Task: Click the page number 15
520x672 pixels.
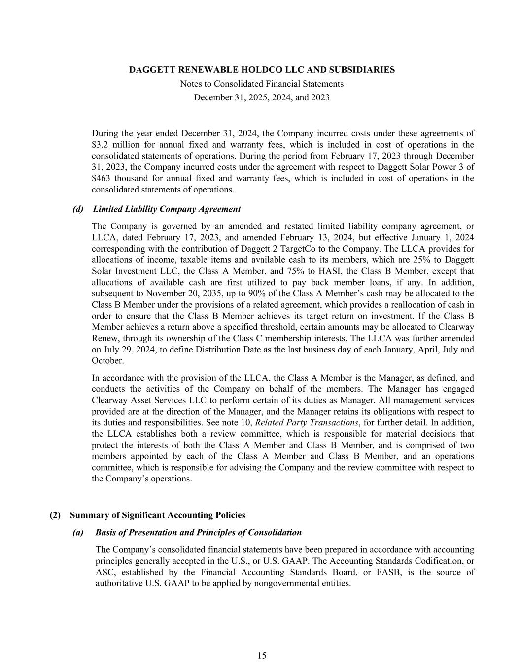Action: (x=262, y=655)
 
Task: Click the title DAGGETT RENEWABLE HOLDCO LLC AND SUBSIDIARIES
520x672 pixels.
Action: (x=262, y=70)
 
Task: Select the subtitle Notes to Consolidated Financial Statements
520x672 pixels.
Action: (x=262, y=84)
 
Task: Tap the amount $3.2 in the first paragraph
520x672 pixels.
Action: (x=101, y=145)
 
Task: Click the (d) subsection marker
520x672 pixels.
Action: (x=78, y=209)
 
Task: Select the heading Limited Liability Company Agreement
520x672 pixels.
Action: (x=167, y=209)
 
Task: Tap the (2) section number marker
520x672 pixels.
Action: (x=55, y=515)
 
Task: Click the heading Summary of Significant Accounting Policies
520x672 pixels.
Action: (x=157, y=515)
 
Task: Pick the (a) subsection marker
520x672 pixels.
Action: (x=78, y=533)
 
